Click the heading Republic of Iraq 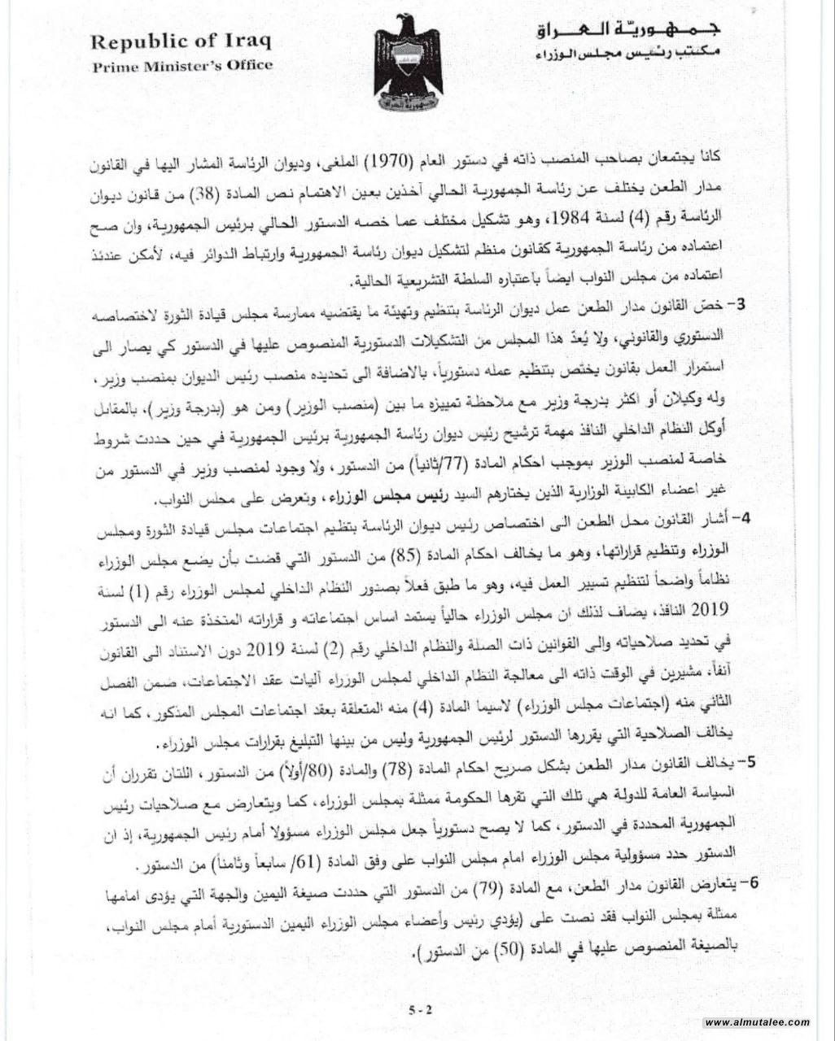pos(181,41)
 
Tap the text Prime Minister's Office pos(182,67)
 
